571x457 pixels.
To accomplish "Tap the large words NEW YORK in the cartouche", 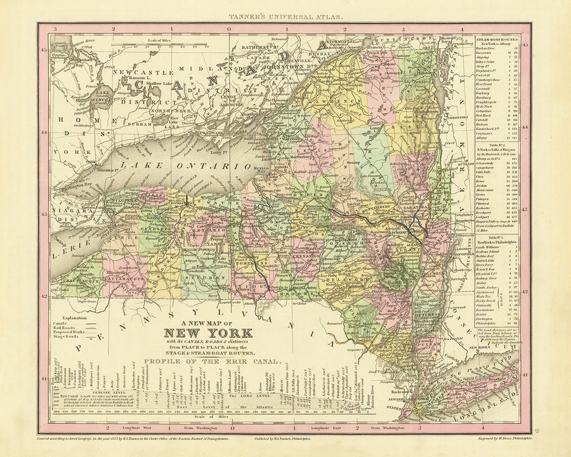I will [208, 333].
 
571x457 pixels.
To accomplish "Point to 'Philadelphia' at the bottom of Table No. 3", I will [489, 322].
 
